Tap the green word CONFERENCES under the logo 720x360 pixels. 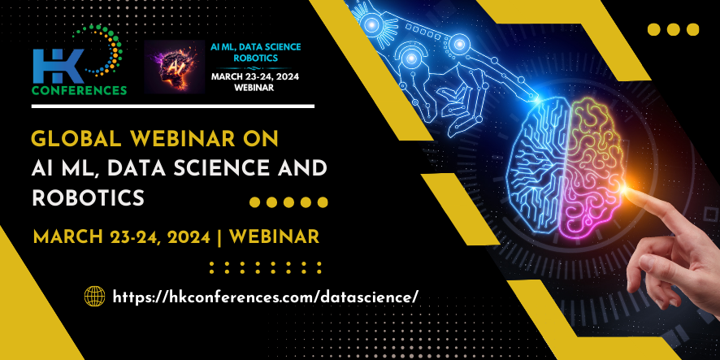click(79, 89)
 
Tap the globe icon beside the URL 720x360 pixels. click(95, 296)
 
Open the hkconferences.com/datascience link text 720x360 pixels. click(266, 297)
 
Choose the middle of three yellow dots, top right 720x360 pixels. click(674, 30)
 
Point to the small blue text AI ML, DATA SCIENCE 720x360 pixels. click(255, 47)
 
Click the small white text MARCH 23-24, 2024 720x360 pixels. click(255, 76)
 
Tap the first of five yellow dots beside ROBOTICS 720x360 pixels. click(254, 202)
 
